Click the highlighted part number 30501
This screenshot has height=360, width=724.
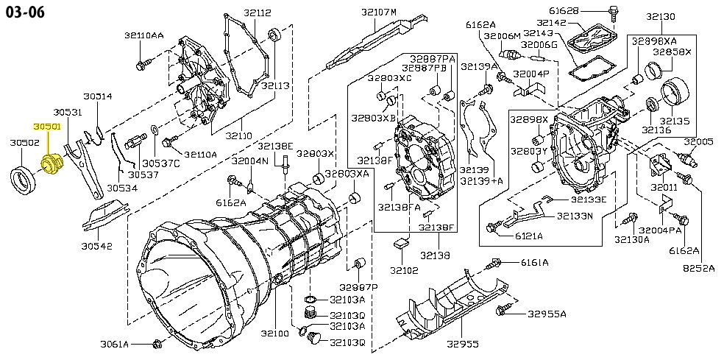pos(48,127)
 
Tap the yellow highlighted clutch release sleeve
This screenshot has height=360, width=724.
pos(52,164)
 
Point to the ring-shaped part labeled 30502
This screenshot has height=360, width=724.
pos(23,177)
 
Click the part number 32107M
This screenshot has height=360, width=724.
pos(378,12)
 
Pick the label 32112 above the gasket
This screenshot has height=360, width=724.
pos(238,13)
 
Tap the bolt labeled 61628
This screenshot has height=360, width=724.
pos(614,10)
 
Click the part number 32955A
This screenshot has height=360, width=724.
pos(547,314)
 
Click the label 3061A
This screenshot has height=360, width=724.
pos(115,344)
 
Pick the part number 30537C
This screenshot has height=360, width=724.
pos(160,163)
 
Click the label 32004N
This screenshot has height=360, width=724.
pos(249,160)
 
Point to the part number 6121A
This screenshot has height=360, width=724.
pos(528,236)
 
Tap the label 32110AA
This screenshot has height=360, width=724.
pos(143,35)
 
